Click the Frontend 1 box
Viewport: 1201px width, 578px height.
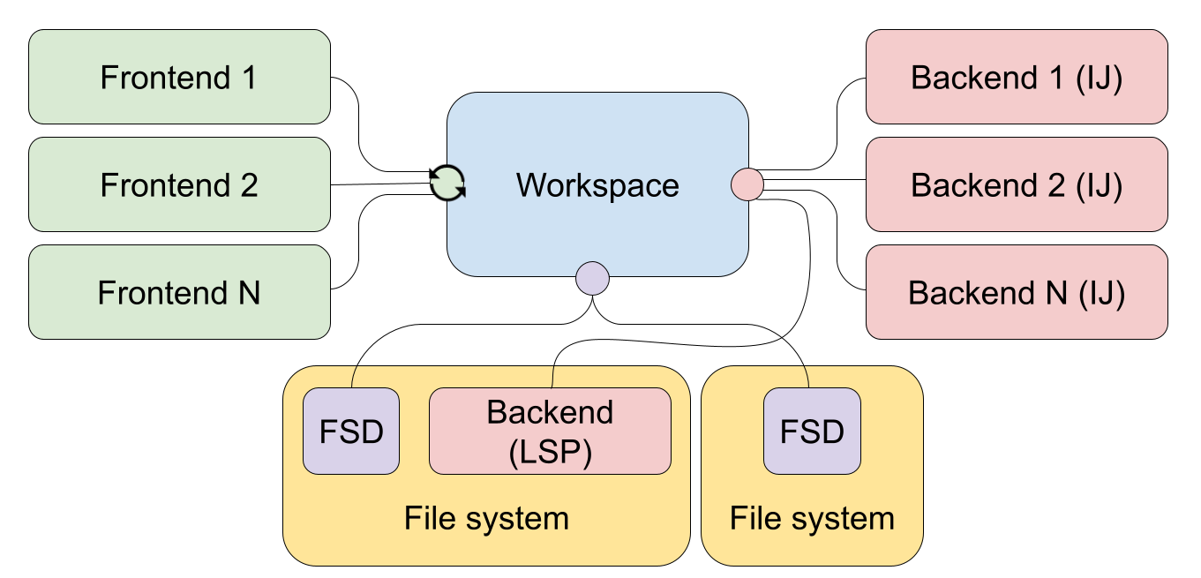pyautogui.click(x=179, y=78)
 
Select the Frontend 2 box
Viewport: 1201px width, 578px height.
pyautogui.click(x=179, y=185)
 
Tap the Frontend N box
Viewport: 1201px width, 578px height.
pyautogui.click(x=179, y=292)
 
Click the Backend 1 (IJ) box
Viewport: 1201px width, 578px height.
pyautogui.click(x=1017, y=78)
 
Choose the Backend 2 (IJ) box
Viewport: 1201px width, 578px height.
pyautogui.click(x=1017, y=185)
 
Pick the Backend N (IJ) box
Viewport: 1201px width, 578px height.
pyautogui.click(x=1017, y=292)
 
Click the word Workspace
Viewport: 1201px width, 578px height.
pyautogui.click(x=597, y=185)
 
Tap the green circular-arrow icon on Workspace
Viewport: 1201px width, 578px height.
pyautogui.click(x=447, y=184)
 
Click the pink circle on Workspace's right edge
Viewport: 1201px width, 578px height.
pyautogui.click(x=747, y=185)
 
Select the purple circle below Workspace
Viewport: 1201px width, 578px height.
pyautogui.click(x=592, y=278)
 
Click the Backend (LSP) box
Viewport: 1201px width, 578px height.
pyautogui.click(x=550, y=431)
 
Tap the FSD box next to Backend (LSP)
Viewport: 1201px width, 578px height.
pyautogui.click(x=351, y=431)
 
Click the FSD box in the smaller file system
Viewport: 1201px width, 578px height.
pyautogui.click(x=812, y=431)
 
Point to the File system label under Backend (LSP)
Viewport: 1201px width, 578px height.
pyautogui.click(x=486, y=518)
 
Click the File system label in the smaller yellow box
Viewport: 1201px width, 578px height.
pyautogui.click(x=812, y=518)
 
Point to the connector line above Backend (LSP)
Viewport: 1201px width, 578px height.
pyautogui.click(x=552, y=378)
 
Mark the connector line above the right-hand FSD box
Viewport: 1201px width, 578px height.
pyautogui.click(x=807, y=378)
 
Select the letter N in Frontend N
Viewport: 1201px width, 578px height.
pyautogui.click(x=248, y=292)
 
